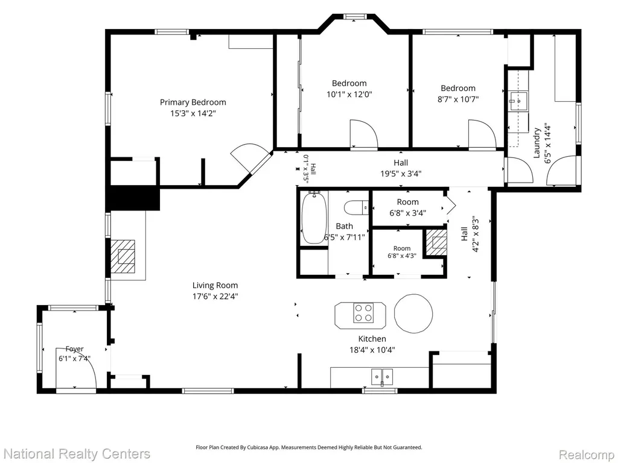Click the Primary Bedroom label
pyautogui.click(x=193, y=102)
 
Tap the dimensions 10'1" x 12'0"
pyautogui.click(x=349, y=95)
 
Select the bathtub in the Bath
pyautogui.click(x=314, y=218)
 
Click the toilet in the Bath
pyautogui.click(x=356, y=207)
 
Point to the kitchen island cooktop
pyautogui.click(x=363, y=313)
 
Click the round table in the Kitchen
pyautogui.click(x=413, y=313)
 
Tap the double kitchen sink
pyautogui.click(x=382, y=377)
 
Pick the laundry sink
pyautogui.click(x=518, y=101)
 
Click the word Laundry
pyautogui.click(x=537, y=142)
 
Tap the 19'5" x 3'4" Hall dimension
pyautogui.click(x=401, y=174)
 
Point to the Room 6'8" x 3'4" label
pyautogui.click(x=407, y=207)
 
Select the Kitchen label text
pyautogui.click(x=372, y=339)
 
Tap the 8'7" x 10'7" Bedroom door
pyautogui.click(x=482, y=135)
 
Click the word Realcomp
pyautogui.click(x=587, y=455)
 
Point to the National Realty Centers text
pyautogui.click(x=77, y=454)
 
